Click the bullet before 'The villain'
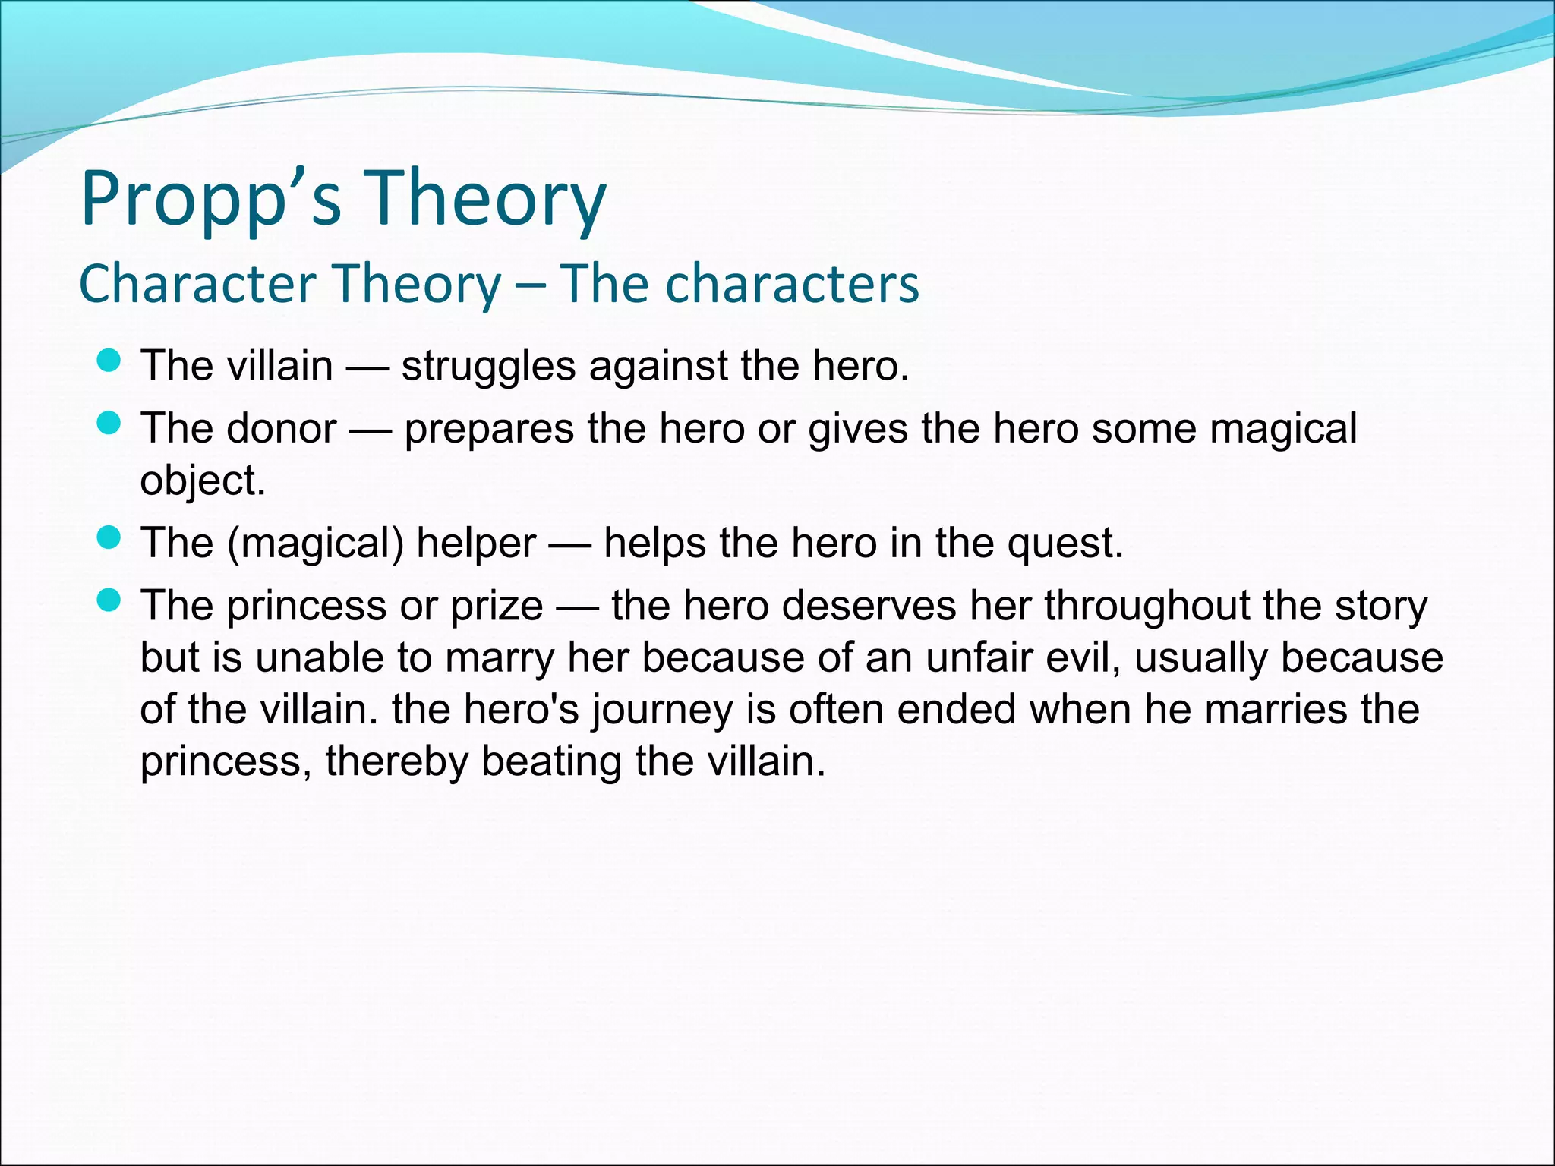point(109,361)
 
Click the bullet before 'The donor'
point(109,424)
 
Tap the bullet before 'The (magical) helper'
point(109,538)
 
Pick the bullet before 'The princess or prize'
point(109,601)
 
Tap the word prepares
point(490,429)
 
